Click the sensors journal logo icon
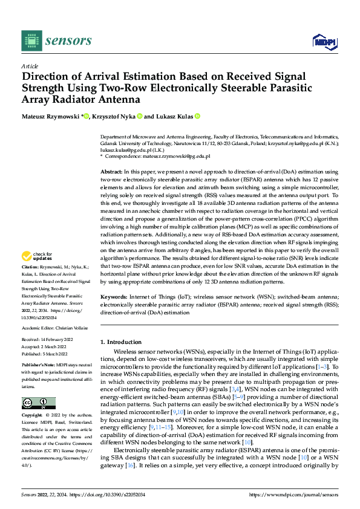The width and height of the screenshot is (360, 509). pos(31,40)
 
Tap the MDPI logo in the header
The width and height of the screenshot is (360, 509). pos(324,41)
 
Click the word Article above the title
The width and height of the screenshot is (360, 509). pos(30,65)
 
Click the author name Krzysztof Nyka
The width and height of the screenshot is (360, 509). pos(113,116)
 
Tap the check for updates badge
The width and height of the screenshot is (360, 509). pos(38,273)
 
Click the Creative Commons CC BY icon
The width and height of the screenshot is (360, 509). pos(38,403)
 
